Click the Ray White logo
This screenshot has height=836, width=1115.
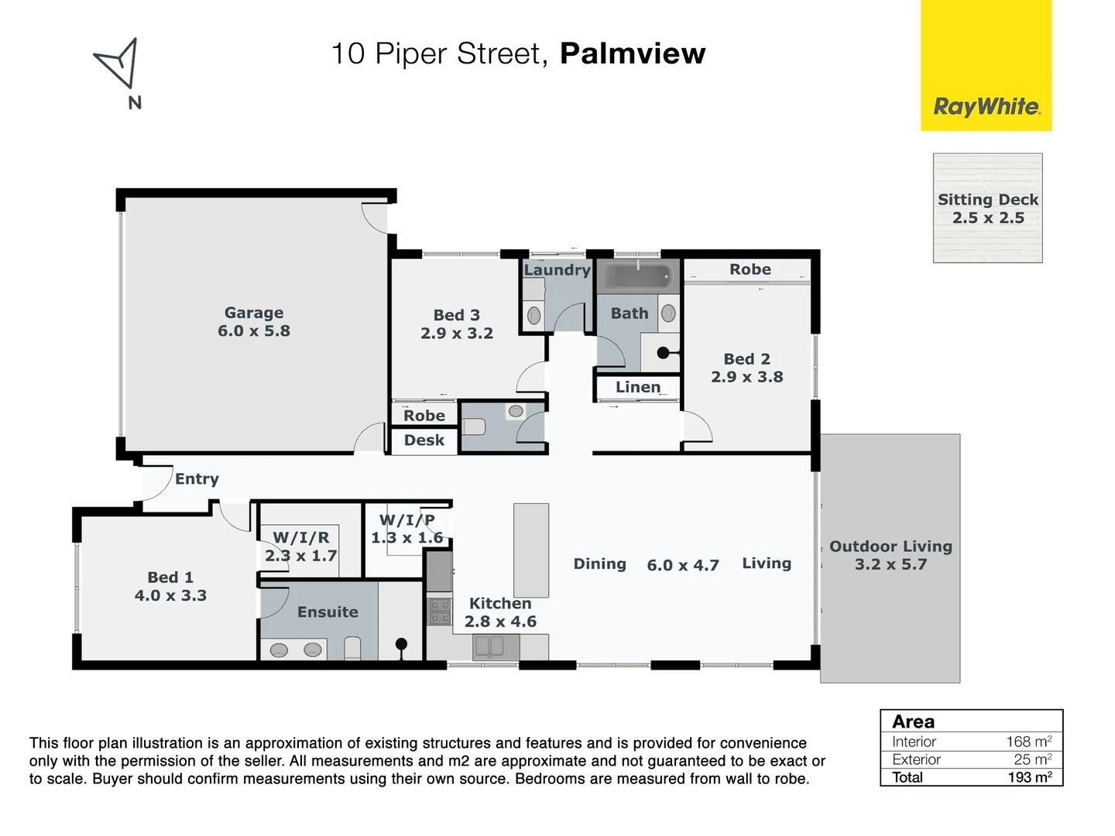pos(986,107)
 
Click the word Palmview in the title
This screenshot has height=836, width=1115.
pos(633,53)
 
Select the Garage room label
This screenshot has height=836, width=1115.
pos(254,313)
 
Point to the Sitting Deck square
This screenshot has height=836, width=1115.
pos(987,208)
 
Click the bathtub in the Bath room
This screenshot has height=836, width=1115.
pos(638,277)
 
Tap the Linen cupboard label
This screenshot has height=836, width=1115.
pos(638,387)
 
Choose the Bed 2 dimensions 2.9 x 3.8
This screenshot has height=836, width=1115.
pos(747,377)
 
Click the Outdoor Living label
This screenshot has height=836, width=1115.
pos(890,546)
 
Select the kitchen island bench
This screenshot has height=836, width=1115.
pos(531,550)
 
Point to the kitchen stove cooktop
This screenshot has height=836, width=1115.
pos(440,612)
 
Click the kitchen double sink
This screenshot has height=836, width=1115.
pos(489,645)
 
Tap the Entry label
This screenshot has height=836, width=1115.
pos(197,479)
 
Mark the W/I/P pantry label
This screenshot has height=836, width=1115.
pos(407,520)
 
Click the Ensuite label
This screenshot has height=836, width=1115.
pos(328,612)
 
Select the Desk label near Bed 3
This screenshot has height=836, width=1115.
pos(424,440)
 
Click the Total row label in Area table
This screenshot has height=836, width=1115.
pos(907,777)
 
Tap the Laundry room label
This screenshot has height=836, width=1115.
pos(557,270)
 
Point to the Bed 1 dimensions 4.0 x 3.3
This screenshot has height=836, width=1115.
pos(170,595)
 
